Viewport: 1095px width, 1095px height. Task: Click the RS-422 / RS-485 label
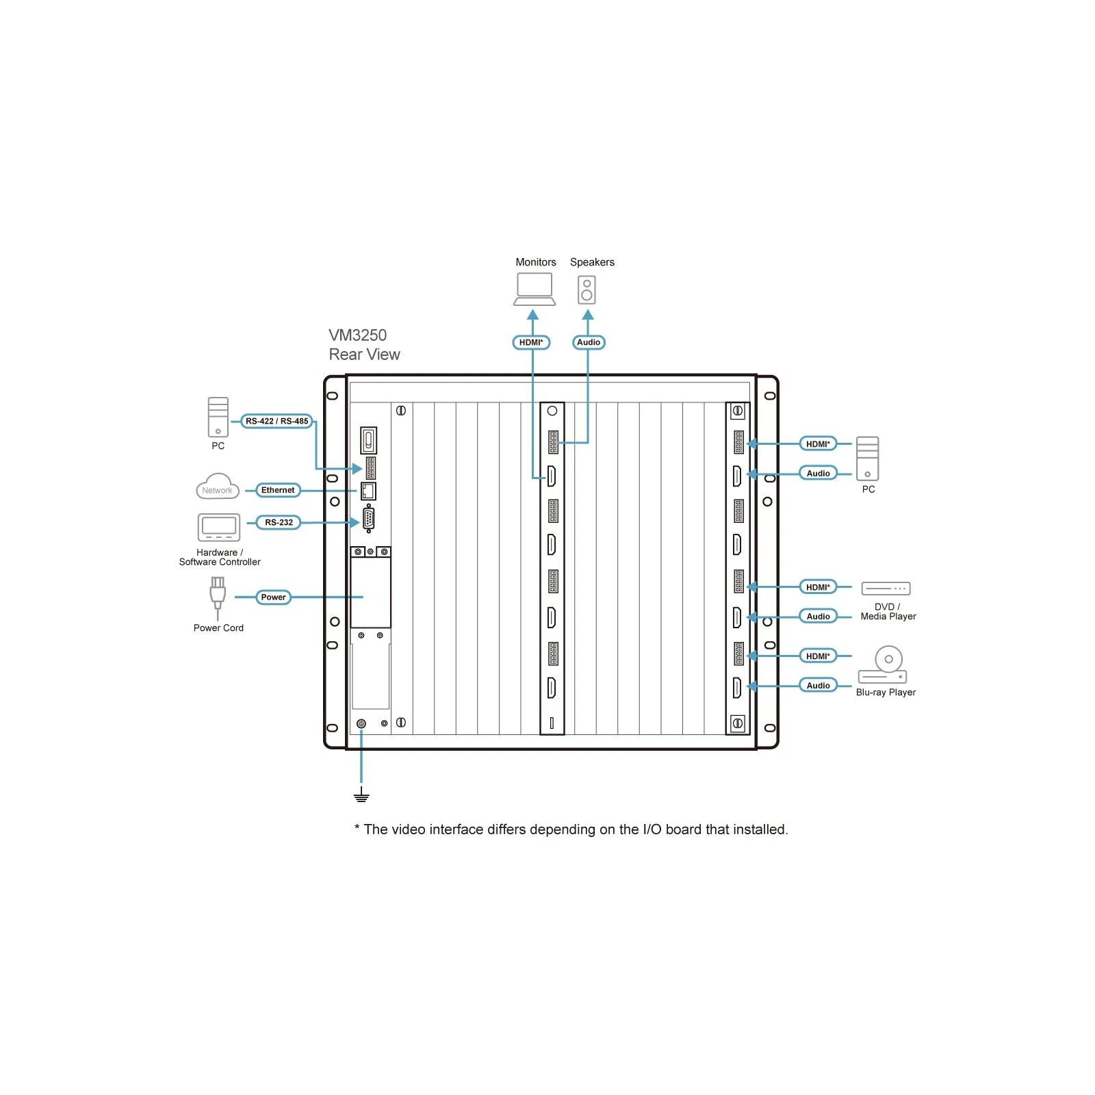(277, 421)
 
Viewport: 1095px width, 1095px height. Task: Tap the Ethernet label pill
(278, 490)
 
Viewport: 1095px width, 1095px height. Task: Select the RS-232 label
(279, 522)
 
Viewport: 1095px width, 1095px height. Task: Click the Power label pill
(273, 597)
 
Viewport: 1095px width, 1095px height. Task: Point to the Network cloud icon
(218, 486)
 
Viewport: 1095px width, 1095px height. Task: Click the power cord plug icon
(218, 597)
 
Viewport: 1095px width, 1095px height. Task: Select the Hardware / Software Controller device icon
(219, 528)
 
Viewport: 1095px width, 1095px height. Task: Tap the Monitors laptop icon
(534, 289)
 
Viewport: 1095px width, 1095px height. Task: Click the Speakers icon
(587, 289)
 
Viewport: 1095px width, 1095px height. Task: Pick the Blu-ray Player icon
(883, 665)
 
